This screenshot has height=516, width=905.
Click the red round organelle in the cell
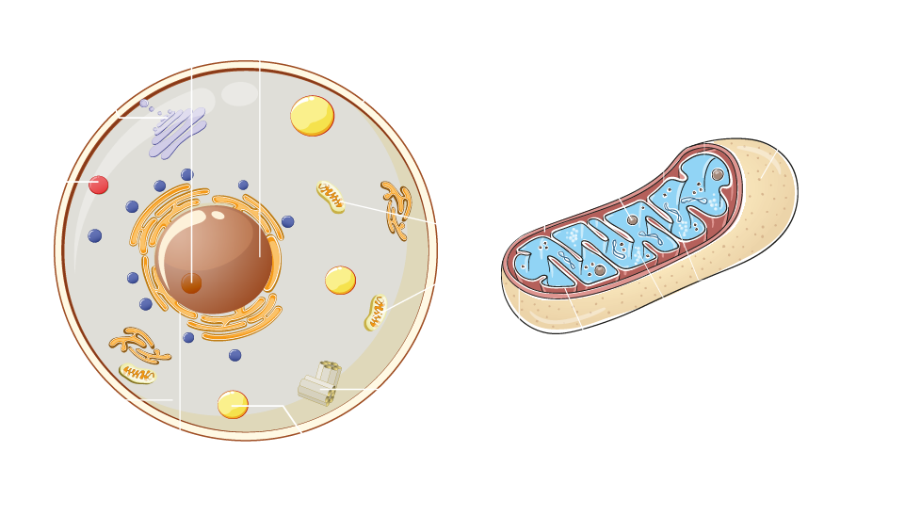point(99,185)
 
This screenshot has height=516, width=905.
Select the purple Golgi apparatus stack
point(178,133)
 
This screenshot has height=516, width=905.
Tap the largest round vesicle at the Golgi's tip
point(144,104)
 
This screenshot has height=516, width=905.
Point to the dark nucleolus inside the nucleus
point(191,283)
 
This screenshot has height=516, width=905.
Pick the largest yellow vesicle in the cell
point(312,116)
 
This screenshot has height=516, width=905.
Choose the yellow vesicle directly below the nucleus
point(233,404)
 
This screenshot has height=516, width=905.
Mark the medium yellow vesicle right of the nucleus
point(340,280)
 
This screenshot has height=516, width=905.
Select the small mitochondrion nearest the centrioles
point(376,312)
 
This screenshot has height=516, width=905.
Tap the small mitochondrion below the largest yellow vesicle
point(331,196)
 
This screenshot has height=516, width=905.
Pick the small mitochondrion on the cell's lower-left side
point(137,374)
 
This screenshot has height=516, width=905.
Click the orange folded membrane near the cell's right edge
point(397,209)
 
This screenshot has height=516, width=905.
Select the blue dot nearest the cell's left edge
point(95,235)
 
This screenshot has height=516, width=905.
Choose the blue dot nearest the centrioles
point(235,355)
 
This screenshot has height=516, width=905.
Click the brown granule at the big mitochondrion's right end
point(718,174)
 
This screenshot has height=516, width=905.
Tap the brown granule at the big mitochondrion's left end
point(600,270)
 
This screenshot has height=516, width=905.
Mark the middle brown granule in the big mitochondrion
point(633,220)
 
